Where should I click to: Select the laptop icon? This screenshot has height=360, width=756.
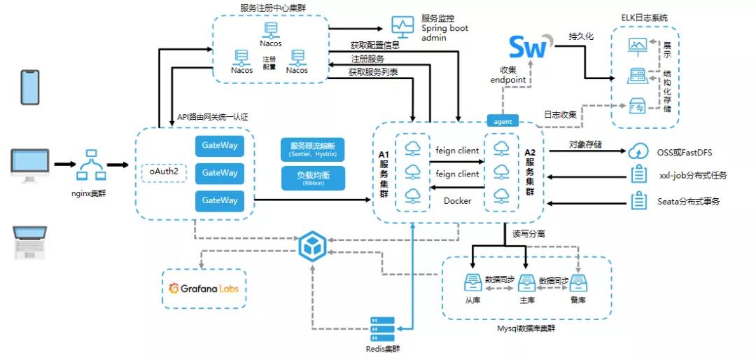tap(30, 242)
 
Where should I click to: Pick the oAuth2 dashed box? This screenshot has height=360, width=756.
tap(164, 172)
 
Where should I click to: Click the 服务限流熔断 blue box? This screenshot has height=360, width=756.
tap(313, 149)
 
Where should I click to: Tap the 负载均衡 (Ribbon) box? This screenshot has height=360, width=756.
tap(313, 178)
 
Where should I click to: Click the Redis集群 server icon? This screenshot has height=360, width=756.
tap(383, 328)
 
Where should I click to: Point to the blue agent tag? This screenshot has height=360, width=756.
tap(503, 121)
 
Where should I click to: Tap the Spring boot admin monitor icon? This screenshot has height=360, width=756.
tap(402, 27)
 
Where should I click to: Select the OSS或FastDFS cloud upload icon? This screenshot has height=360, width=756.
tap(638, 151)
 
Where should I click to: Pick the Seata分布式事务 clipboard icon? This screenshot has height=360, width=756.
tap(638, 201)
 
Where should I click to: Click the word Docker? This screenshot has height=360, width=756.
tap(457, 201)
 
